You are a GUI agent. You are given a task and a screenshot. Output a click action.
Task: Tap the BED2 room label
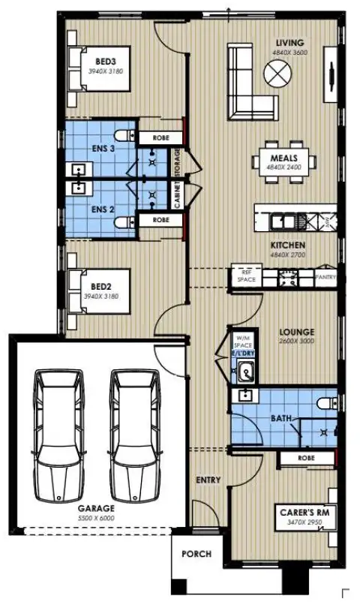pos(100,287)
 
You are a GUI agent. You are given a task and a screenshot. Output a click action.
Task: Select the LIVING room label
pos(289,43)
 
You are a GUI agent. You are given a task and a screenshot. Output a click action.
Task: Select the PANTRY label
pos(325,277)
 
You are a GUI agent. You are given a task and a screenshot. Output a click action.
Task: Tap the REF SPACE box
pos(247,277)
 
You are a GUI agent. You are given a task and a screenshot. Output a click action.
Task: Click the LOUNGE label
pos(297,332)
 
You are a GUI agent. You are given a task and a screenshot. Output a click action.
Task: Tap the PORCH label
pos(196,555)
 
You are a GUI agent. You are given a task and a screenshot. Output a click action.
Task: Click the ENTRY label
pos(206,479)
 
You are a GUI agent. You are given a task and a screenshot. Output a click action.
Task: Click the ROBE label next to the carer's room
pos(305,456)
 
